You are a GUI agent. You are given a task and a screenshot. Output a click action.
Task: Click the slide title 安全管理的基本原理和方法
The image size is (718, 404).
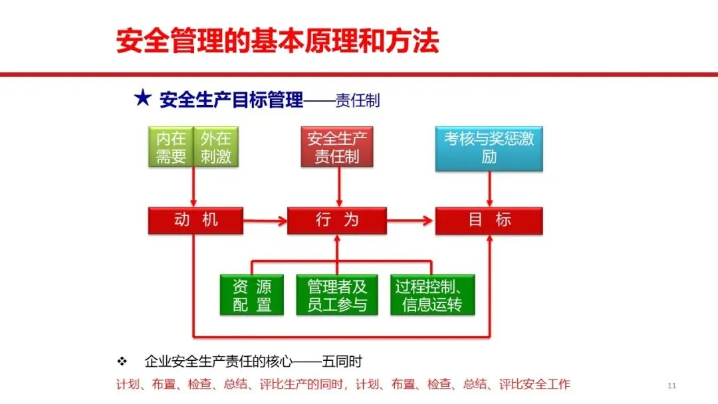pos(277,41)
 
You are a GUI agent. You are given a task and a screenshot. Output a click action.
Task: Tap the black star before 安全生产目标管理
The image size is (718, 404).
pos(142,100)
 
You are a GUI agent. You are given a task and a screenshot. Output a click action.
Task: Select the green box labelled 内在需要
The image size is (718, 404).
pos(171,148)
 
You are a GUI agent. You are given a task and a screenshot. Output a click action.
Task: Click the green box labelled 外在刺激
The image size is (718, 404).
pos(216,148)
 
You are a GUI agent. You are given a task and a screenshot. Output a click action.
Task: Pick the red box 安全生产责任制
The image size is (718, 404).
pos(336,148)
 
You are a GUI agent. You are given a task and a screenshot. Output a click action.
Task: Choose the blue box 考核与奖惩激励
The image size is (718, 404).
pos(489,148)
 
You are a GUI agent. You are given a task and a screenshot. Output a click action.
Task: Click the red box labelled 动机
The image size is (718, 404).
pos(195,220)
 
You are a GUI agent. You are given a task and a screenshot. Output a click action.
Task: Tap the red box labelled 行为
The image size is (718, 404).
pos(336,220)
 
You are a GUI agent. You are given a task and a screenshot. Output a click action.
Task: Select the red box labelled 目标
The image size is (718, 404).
pos(489,220)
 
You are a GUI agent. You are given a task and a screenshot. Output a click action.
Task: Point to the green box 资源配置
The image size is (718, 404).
pos(251,294)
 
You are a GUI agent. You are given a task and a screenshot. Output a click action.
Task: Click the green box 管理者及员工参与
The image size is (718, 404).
pos(336,294)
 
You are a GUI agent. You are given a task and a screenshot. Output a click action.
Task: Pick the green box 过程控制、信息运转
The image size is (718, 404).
pos(433,294)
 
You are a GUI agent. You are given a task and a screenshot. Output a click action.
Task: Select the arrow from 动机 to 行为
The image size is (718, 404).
pos(265,220)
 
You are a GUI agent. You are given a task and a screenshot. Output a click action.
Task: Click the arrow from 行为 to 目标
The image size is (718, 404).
pos(410,220)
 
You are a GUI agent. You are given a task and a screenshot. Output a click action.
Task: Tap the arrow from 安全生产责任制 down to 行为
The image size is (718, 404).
pos(338,187)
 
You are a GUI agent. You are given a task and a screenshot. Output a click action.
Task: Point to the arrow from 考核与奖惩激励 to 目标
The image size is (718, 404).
pos(490,189)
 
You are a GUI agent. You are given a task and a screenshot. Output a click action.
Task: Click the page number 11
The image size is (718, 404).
pos(671,385)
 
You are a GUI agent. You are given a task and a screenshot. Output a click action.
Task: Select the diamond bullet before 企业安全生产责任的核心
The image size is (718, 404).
pos(122,361)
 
